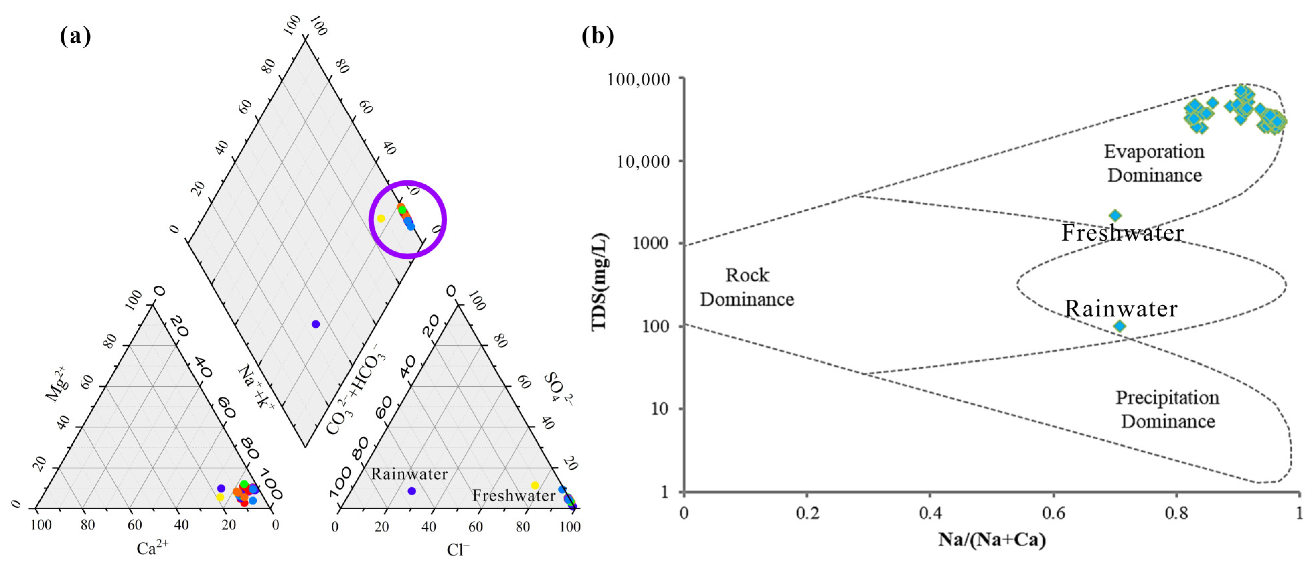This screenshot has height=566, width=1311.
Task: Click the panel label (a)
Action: [x=75, y=36]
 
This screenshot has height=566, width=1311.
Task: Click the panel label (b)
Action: [x=598, y=36]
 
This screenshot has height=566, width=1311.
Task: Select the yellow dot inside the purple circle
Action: [x=381, y=218]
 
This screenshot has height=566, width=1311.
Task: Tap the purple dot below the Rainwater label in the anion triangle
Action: [x=412, y=491]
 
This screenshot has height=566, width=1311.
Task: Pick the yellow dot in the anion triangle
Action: [x=534, y=485]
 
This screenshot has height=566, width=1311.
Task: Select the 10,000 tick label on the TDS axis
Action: [x=643, y=162]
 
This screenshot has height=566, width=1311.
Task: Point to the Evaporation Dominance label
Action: [x=1154, y=163]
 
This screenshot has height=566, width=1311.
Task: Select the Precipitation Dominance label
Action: [x=1167, y=410]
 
